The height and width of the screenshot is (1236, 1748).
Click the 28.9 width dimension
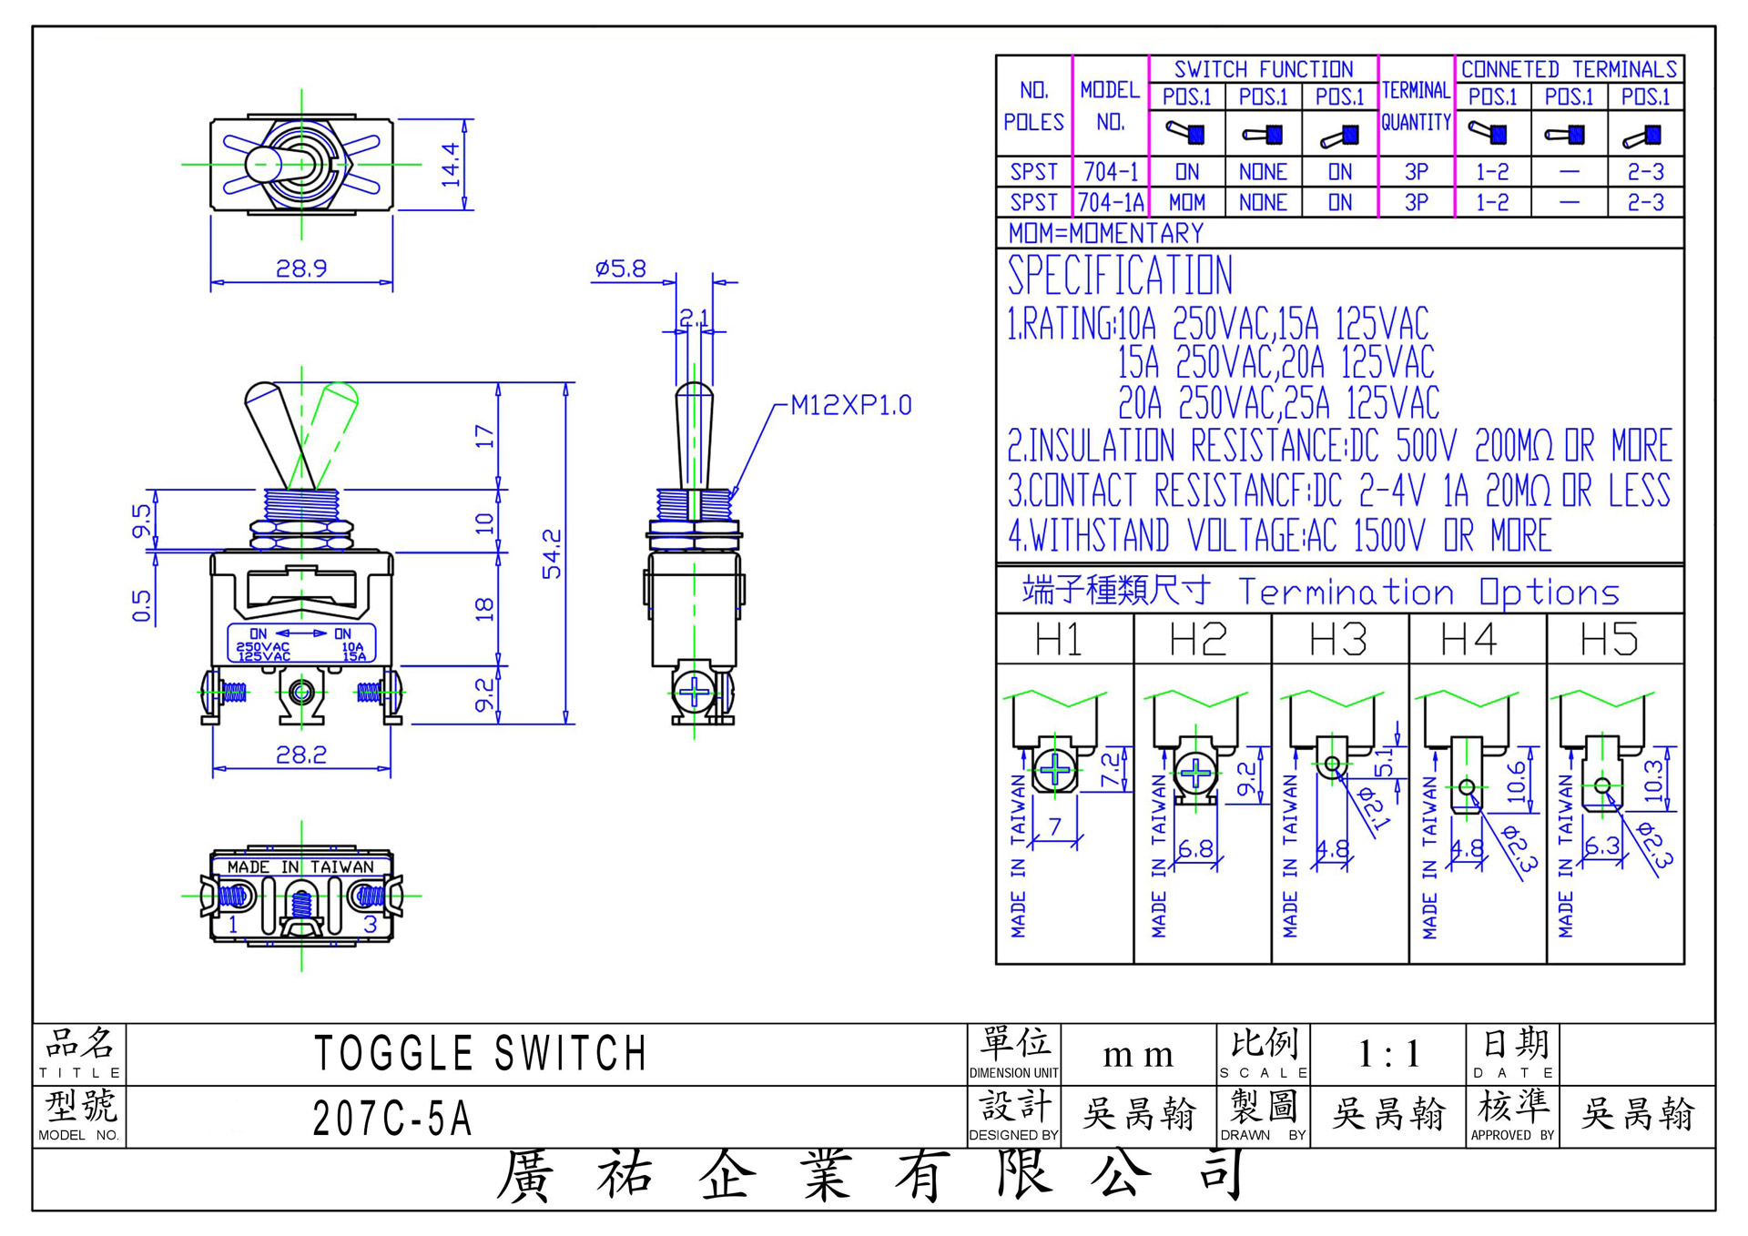pyautogui.click(x=301, y=268)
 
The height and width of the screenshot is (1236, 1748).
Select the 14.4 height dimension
pyautogui.click(x=451, y=165)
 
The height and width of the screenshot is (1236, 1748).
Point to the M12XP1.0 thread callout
pyautogui.click(x=850, y=405)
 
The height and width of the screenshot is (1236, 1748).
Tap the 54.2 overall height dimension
pyautogui.click(x=552, y=553)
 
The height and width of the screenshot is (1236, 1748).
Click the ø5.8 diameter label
pyautogui.click(x=620, y=268)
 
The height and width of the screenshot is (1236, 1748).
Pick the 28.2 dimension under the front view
pyautogui.click(x=301, y=755)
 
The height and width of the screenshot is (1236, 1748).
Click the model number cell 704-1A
pyautogui.click(x=1111, y=202)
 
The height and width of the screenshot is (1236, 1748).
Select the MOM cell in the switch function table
pyautogui.click(x=1187, y=202)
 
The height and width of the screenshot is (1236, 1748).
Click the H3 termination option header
pyautogui.click(x=1338, y=639)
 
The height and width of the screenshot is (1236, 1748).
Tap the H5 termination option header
pyautogui.click(x=1609, y=639)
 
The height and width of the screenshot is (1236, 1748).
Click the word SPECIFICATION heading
pyautogui.click(x=1120, y=275)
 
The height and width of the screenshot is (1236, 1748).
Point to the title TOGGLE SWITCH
pyautogui.click(x=481, y=1054)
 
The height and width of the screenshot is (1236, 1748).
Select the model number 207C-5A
pyautogui.click(x=392, y=1119)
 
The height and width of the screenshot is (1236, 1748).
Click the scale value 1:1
pyautogui.click(x=1388, y=1054)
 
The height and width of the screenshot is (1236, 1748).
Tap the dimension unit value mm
pyautogui.click(x=1138, y=1056)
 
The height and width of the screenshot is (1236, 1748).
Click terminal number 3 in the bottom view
pyautogui.click(x=371, y=925)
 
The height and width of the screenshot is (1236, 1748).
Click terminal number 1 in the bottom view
pyautogui.click(x=233, y=925)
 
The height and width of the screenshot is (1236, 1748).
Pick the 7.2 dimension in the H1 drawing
pyautogui.click(x=1111, y=770)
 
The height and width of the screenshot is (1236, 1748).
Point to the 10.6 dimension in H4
pyautogui.click(x=1516, y=781)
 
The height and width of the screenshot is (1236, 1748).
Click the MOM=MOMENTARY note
pyautogui.click(x=1106, y=233)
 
